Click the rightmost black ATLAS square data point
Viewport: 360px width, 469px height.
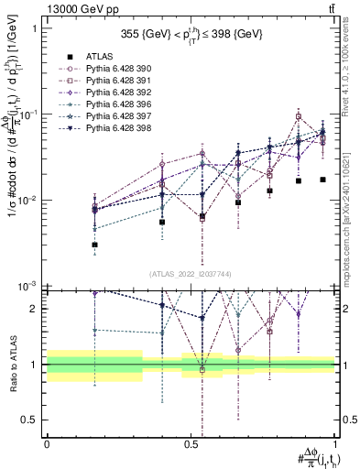322,180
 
